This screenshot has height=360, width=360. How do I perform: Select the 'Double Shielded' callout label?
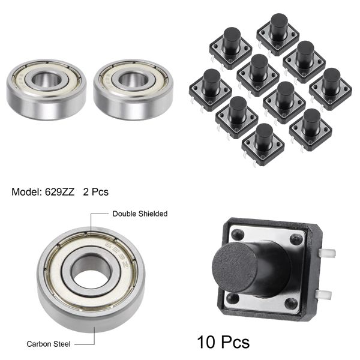[x=140, y=214]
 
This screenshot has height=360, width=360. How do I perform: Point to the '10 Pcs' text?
[x=223, y=343]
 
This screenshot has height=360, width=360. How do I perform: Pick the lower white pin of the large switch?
[x=324, y=295]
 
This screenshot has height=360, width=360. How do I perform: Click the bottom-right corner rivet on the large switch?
[x=292, y=304]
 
